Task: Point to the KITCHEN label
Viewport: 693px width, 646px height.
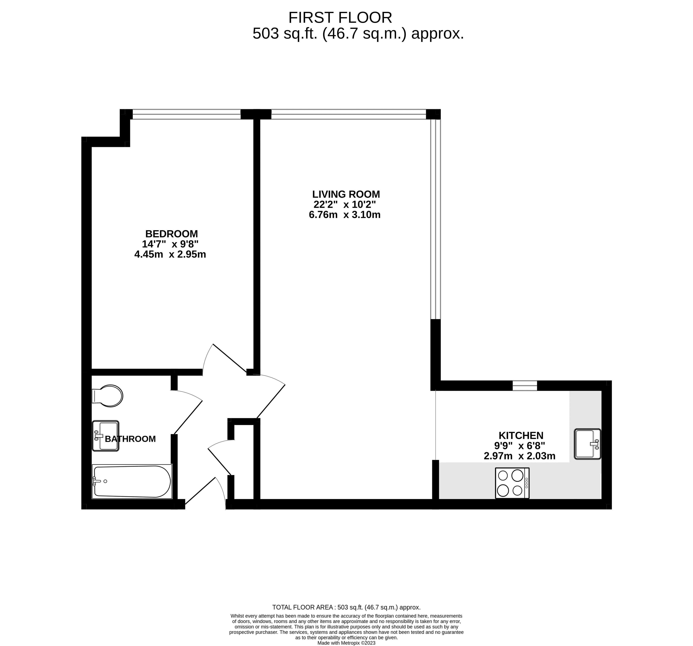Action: click(521, 435)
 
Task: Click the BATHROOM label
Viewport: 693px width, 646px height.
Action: click(130, 439)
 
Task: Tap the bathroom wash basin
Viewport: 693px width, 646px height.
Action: click(105, 436)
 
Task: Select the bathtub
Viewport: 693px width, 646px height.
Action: click(132, 482)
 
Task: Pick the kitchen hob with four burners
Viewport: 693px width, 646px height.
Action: click(512, 483)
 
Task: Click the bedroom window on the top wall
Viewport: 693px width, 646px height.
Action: click(187, 114)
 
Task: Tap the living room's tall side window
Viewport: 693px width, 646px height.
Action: click(435, 220)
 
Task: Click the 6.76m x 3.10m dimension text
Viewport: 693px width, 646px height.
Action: click(344, 215)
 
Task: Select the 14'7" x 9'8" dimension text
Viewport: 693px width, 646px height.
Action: click(170, 244)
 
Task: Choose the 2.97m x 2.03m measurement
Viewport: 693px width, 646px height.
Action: click(519, 456)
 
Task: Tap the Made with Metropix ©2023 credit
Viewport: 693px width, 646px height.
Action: click(346, 643)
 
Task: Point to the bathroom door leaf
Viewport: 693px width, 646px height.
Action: click(188, 417)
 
